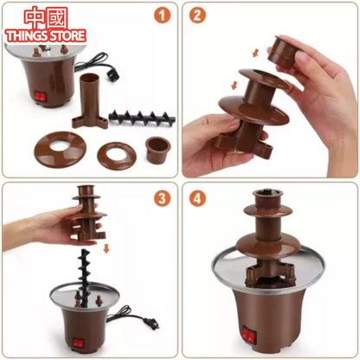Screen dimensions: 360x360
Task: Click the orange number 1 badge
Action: [x=160, y=16]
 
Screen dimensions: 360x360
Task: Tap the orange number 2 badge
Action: [x=198, y=16]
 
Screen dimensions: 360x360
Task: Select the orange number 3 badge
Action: [x=160, y=197]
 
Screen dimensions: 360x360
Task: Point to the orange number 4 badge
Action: [x=198, y=197]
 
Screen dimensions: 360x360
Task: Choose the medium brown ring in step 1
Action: [x=116, y=153]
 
